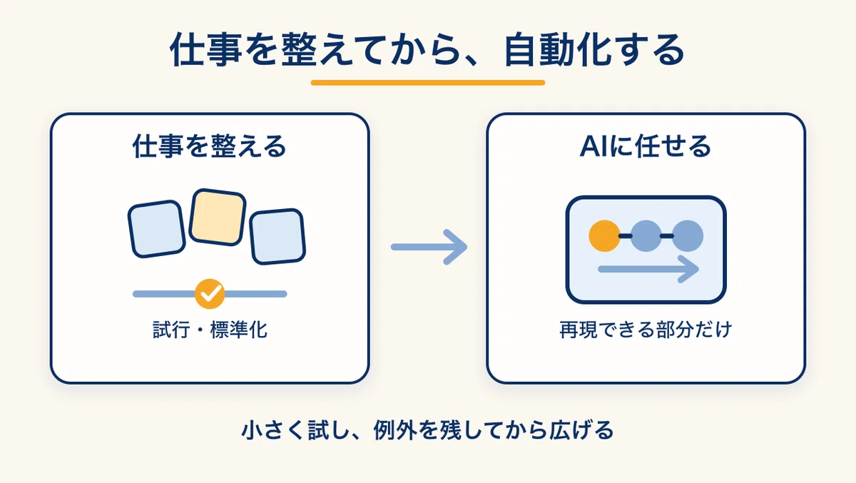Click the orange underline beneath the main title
pyautogui.click(x=427, y=83)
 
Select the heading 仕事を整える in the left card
pyautogui.click(x=210, y=146)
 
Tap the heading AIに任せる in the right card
pyautogui.click(x=646, y=146)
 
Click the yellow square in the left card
pyautogui.click(x=218, y=217)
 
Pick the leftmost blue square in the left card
pyautogui.click(x=157, y=229)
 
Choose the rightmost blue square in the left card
pyautogui.click(x=277, y=237)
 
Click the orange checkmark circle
pyautogui.click(x=210, y=294)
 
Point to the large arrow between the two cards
pyautogui.click(x=429, y=247)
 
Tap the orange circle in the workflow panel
pyautogui.click(x=604, y=235)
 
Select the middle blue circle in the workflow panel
pyautogui.click(x=646, y=235)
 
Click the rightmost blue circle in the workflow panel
pyautogui.click(x=688, y=235)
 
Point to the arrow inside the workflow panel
pyautogui.click(x=648, y=269)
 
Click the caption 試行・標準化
pyautogui.click(x=210, y=330)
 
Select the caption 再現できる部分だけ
pyautogui.click(x=646, y=330)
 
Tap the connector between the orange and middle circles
pyautogui.click(x=625, y=236)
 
